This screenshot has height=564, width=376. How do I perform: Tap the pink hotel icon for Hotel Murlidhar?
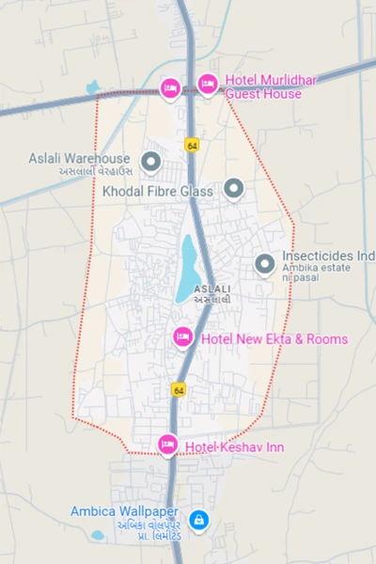207,83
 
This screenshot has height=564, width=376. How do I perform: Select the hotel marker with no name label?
170,87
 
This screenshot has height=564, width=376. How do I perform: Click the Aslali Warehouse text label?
80,159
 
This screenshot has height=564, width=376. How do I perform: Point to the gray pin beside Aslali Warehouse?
149,163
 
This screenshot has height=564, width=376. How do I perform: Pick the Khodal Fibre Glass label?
159,191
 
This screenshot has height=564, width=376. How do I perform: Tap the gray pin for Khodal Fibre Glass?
233,189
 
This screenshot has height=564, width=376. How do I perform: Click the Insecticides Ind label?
328,256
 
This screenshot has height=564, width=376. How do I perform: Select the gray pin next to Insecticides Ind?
265,264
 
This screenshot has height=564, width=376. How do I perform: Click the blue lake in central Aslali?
187,268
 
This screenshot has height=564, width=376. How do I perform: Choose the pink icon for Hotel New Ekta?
183,336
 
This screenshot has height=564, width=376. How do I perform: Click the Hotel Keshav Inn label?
234,446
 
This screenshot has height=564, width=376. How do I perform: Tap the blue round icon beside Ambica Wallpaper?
198,519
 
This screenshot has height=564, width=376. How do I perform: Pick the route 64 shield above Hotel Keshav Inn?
178,389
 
